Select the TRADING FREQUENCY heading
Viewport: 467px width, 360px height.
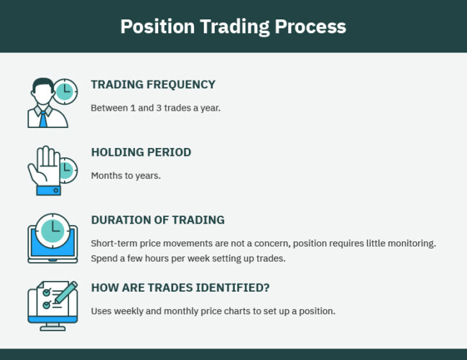pyautogui.click(x=153, y=85)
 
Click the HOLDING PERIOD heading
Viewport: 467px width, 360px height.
pyautogui.click(x=141, y=152)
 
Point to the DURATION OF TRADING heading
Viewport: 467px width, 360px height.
pyautogui.click(x=157, y=220)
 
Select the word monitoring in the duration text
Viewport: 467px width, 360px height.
pyautogui.click(x=410, y=243)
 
